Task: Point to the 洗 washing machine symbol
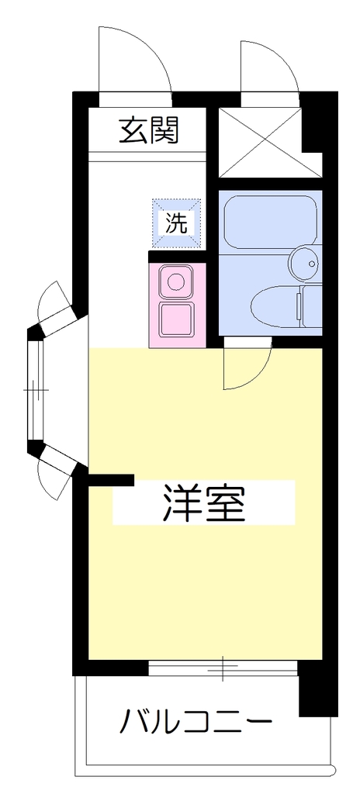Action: [177, 224]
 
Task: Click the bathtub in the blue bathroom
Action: [270, 223]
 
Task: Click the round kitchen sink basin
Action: [176, 281]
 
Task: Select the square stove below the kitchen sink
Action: [177, 320]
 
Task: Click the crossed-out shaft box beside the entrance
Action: [265, 143]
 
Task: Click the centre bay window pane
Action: [35, 391]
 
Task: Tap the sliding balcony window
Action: [223, 668]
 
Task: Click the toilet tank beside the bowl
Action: [311, 306]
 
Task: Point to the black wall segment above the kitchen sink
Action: [177, 257]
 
